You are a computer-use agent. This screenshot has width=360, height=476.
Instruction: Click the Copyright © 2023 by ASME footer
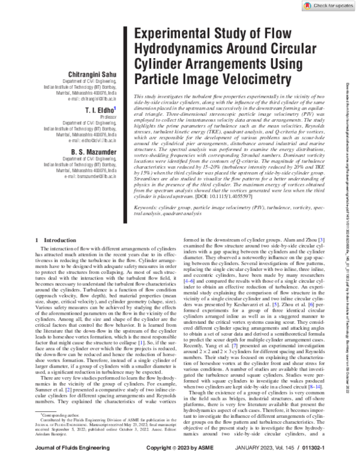pos(180,465)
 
